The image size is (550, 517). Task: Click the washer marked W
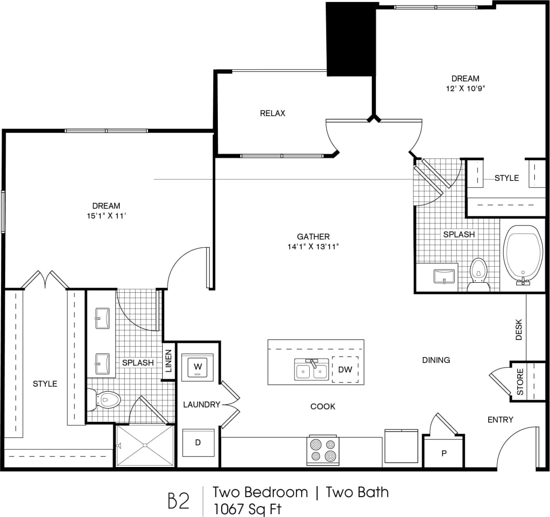(x=198, y=367)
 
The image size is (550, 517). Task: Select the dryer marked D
(x=198, y=442)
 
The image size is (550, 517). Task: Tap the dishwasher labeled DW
(x=345, y=369)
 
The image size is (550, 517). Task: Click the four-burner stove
(x=323, y=450)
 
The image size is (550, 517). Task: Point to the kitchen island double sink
(x=311, y=370)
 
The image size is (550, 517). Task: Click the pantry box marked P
(x=443, y=453)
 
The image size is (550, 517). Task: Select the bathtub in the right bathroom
(x=523, y=255)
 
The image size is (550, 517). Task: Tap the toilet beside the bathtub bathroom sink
(x=478, y=275)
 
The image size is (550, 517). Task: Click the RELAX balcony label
(x=273, y=113)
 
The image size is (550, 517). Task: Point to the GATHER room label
(x=313, y=237)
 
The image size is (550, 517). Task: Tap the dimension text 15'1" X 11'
(x=106, y=216)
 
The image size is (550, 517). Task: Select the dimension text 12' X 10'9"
(x=465, y=88)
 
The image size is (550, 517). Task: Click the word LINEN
(x=168, y=361)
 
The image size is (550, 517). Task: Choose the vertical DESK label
(x=519, y=329)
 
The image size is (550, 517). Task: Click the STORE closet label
(x=520, y=382)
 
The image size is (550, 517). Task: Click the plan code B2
(x=179, y=501)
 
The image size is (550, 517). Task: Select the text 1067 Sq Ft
(x=247, y=509)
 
